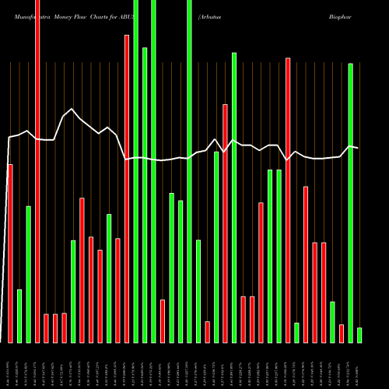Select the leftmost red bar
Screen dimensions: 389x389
point(10,253)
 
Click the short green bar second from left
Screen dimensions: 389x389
point(19,316)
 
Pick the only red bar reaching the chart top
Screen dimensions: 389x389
point(37,171)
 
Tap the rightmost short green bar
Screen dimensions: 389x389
point(359,335)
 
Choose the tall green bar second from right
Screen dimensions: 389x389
point(350,202)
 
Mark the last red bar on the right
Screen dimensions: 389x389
point(342,333)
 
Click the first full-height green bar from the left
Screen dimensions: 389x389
point(136,171)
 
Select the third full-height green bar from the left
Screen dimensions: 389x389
point(189,171)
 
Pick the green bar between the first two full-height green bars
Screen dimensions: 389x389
point(145,194)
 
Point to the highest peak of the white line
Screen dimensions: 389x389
point(72,109)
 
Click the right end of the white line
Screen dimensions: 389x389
point(358,148)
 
